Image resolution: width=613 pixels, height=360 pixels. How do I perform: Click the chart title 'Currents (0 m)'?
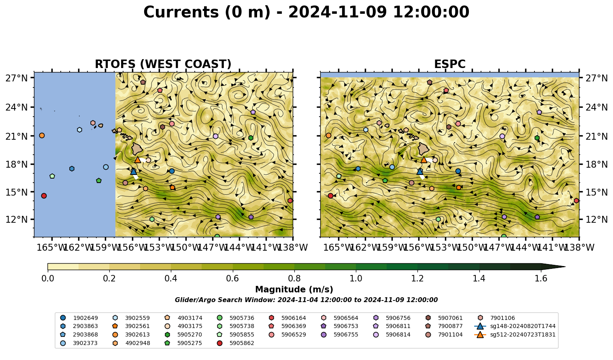[206, 13]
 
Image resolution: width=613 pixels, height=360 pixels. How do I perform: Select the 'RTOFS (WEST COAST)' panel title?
[163, 64]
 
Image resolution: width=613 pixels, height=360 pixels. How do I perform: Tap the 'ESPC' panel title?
[449, 64]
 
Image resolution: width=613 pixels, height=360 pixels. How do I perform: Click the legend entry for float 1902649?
[79, 318]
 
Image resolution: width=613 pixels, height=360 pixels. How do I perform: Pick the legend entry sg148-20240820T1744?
[515, 326]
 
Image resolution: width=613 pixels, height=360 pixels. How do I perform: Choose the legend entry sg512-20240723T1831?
[515, 334]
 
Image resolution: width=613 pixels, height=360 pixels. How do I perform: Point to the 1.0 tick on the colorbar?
[356, 279]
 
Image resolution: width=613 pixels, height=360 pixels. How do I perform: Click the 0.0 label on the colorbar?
[48, 279]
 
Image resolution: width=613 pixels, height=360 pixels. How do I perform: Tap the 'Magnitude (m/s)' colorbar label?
[294, 290]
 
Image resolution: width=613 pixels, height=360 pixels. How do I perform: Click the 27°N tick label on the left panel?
[17, 78]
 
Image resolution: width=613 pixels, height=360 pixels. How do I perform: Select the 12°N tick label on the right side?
[596, 219]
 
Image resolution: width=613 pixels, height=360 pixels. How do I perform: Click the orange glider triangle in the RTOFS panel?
[138, 160]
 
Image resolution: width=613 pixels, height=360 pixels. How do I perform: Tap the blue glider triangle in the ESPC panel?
[420, 171]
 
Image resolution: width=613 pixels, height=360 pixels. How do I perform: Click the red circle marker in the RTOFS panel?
[44, 196]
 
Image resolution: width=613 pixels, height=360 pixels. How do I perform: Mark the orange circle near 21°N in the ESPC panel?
[328, 136]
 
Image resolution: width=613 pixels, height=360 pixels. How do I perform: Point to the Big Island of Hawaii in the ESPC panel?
[424, 149]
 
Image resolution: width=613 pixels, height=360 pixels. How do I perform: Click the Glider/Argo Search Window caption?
[306, 300]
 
